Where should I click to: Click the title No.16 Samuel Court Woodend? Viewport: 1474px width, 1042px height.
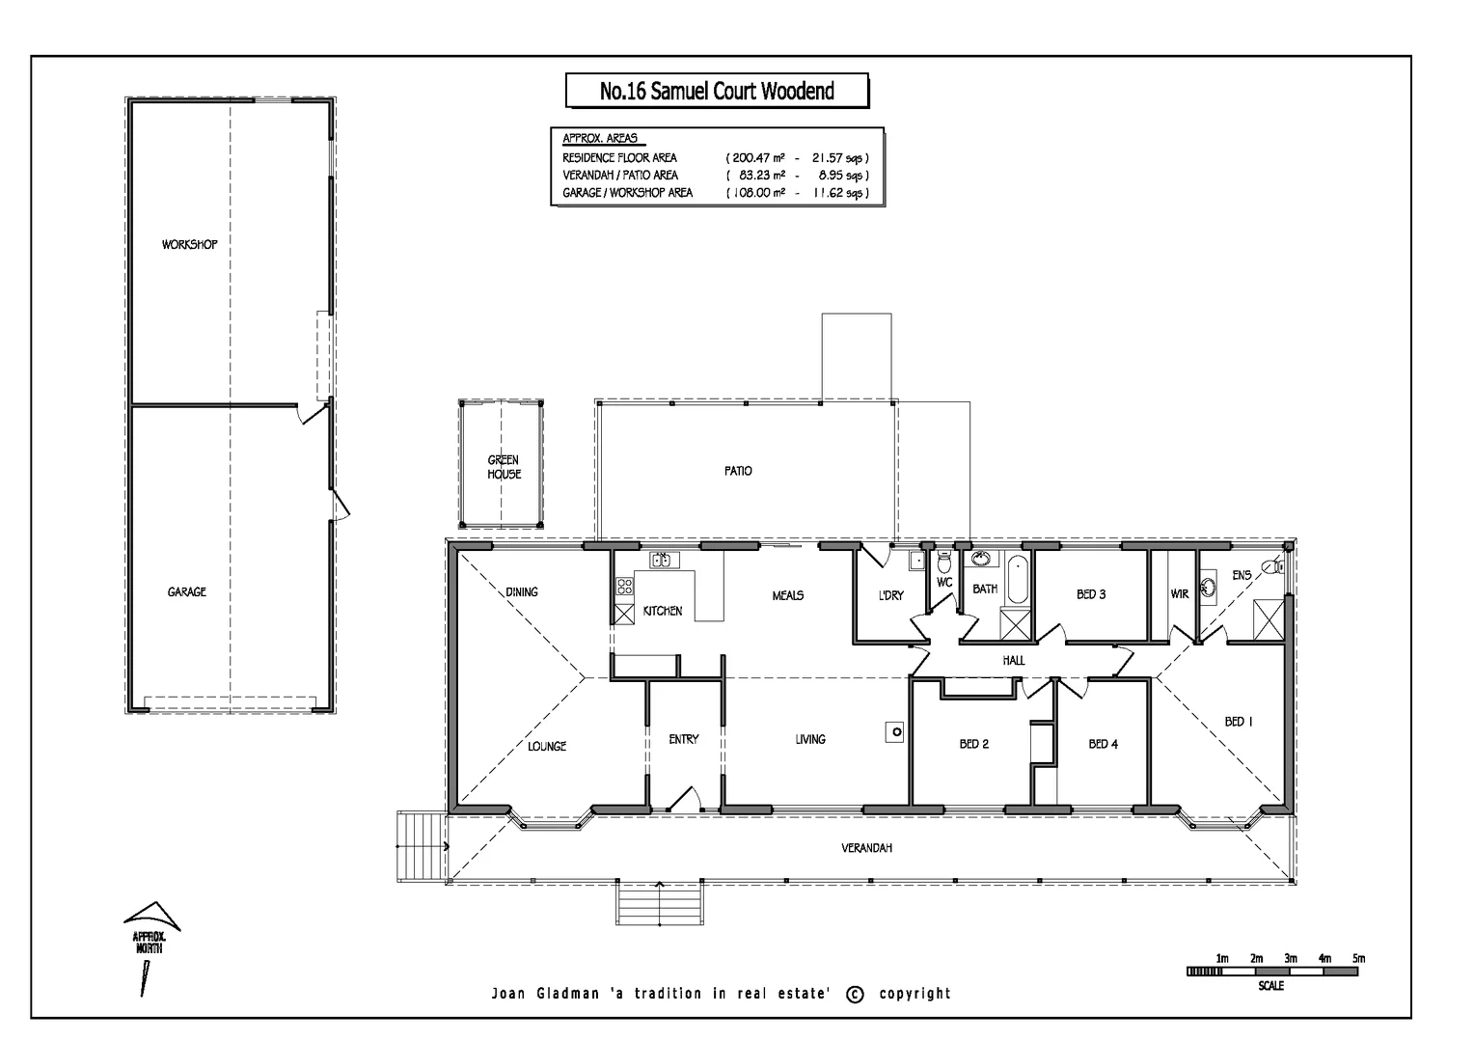[x=716, y=92]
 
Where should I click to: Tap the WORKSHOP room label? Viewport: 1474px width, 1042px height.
[x=189, y=245]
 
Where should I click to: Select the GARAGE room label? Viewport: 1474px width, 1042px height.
[x=186, y=591]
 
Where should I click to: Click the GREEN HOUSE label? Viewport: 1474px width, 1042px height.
[x=504, y=467]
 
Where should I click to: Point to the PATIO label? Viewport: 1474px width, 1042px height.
[x=738, y=471]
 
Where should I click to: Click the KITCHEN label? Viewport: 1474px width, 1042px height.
[x=662, y=611]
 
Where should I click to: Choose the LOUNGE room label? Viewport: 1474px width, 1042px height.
[x=547, y=746]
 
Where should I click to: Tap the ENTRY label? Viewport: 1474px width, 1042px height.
[x=683, y=739]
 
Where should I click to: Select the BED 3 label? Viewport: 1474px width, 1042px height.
[x=1091, y=594]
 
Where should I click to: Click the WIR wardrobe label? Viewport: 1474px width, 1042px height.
[x=1179, y=594]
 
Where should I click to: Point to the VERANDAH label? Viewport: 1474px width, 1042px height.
[x=866, y=848]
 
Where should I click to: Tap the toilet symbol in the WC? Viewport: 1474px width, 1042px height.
[x=943, y=562]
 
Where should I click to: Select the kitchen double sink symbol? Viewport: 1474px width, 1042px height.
[x=664, y=560]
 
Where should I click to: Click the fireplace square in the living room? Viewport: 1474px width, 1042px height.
[x=895, y=732]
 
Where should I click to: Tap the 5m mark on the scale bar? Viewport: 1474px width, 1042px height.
[x=1358, y=959]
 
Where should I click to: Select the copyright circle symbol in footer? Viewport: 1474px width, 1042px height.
[x=855, y=994]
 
